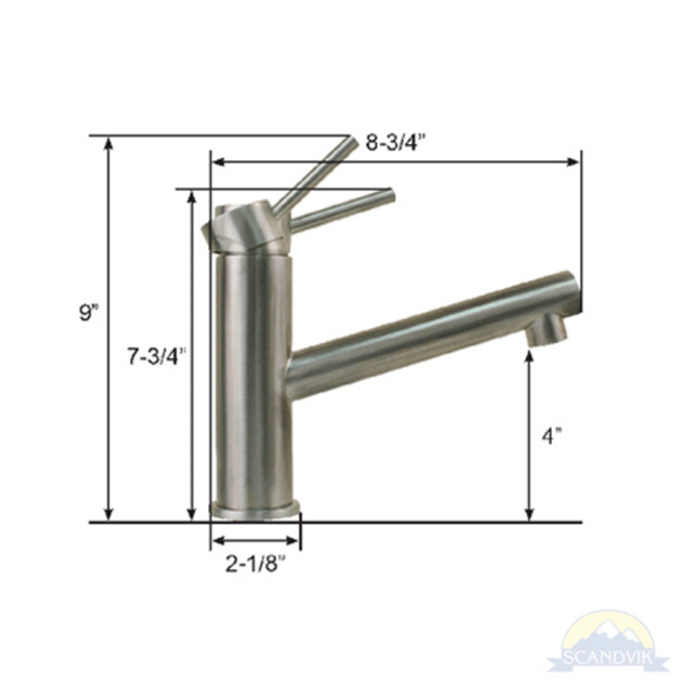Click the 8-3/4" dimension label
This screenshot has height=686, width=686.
tap(396, 143)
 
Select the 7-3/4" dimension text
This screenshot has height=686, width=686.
tap(156, 356)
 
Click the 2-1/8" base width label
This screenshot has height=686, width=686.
tap(255, 564)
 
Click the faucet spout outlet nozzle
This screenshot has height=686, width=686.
tap(548, 330)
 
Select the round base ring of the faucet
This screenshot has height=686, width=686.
tap(255, 508)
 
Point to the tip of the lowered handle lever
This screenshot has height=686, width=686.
tap(390, 196)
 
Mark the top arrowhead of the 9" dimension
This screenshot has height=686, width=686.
tap(108, 142)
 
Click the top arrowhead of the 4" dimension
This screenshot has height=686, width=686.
tap(530, 355)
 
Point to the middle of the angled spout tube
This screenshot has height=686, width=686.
tap(425, 336)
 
